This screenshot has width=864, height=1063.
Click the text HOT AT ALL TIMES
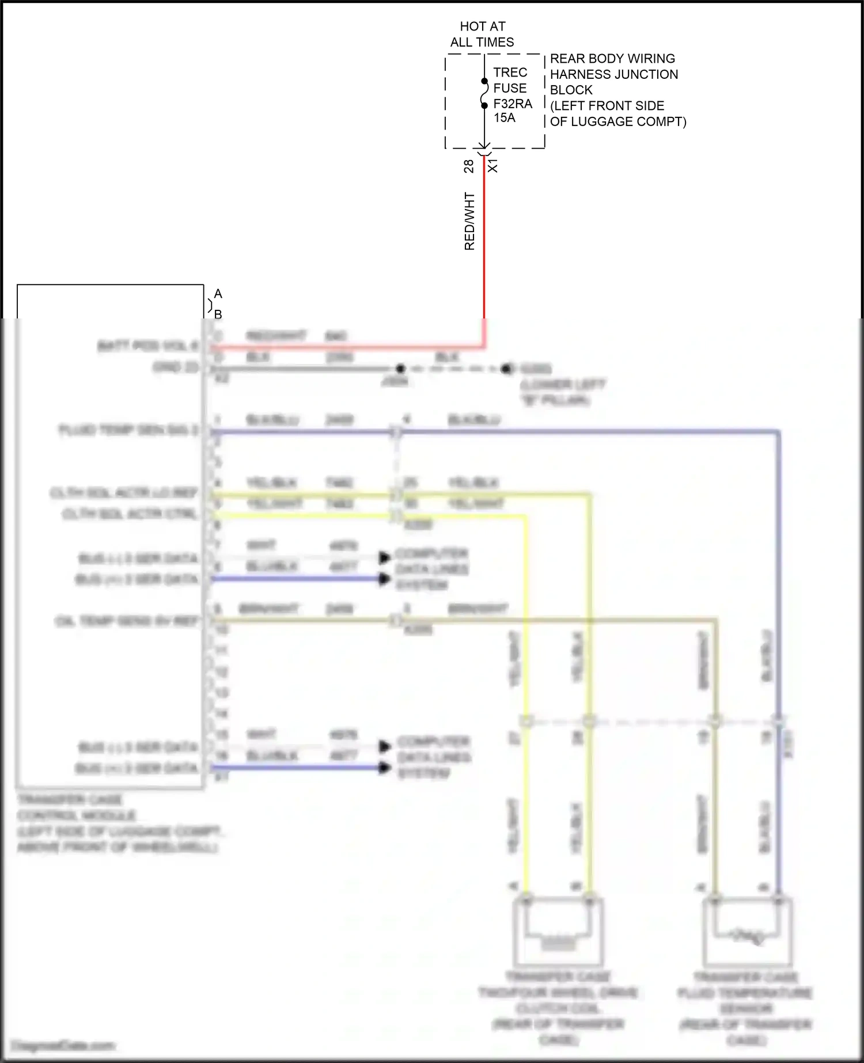pyautogui.click(x=482, y=34)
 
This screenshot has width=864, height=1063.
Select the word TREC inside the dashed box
pyautogui.click(x=510, y=73)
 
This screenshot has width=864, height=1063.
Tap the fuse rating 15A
pyautogui.click(x=504, y=118)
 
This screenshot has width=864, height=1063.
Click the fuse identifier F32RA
pyautogui.click(x=513, y=104)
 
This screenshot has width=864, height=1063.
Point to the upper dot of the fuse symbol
pyautogui.click(x=484, y=81)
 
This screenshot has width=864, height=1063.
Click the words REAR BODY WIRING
pyautogui.click(x=612, y=59)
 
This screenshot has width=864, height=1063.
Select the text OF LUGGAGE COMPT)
pyautogui.click(x=617, y=122)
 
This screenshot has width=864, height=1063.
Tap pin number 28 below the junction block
pyautogui.click(x=468, y=166)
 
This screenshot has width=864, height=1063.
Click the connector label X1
pyautogui.click(x=493, y=166)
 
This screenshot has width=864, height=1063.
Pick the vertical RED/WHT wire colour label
pyautogui.click(x=469, y=222)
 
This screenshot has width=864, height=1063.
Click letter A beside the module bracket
pyautogui.click(x=218, y=294)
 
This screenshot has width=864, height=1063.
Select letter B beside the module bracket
pyautogui.click(x=218, y=314)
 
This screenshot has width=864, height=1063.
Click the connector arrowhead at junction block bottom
pyautogui.click(x=484, y=147)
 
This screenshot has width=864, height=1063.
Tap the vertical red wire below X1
pyautogui.click(x=484, y=242)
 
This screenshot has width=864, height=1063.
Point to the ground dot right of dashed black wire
pyautogui.click(x=506, y=369)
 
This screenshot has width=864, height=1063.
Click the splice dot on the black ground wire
pyautogui.click(x=400, y=369)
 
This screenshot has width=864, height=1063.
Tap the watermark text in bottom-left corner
pyautogui.click(x=63, y=1045)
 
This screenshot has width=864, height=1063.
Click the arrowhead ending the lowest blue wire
pyautogui.click(x=384, y=768)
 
